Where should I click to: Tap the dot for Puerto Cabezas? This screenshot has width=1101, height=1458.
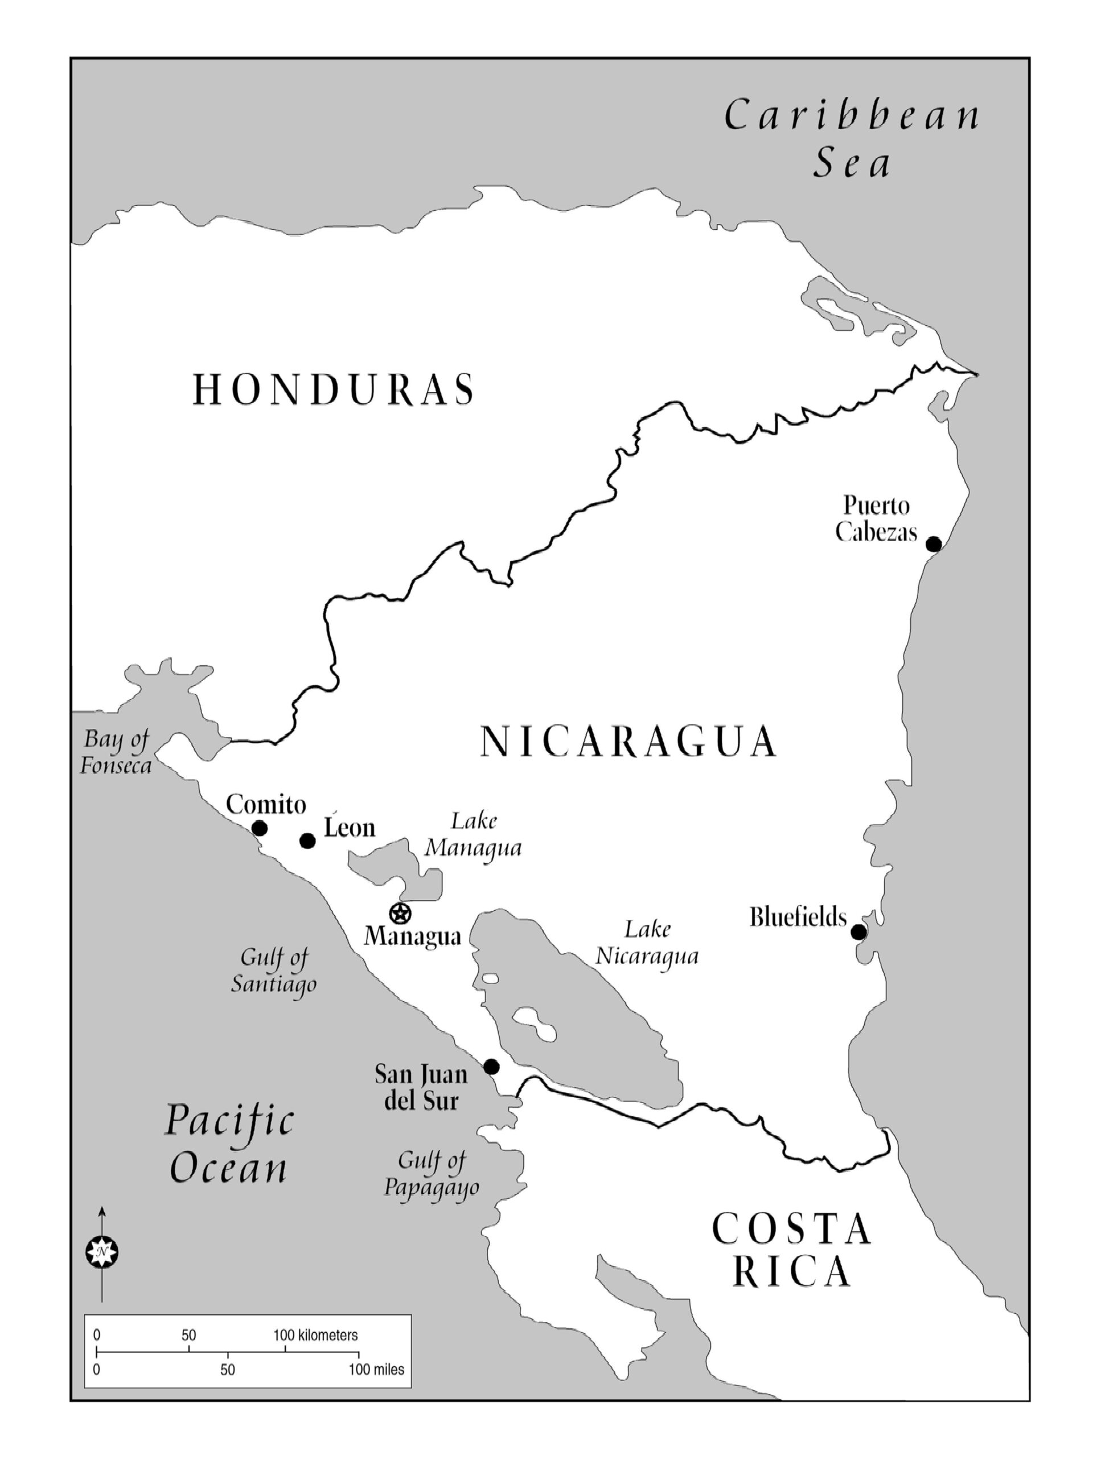(933, 544)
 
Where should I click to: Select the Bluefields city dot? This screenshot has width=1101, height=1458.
(858, 932)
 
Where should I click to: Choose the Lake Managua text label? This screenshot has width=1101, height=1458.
(473, 834)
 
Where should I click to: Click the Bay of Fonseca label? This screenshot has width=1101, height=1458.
(116, 752)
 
